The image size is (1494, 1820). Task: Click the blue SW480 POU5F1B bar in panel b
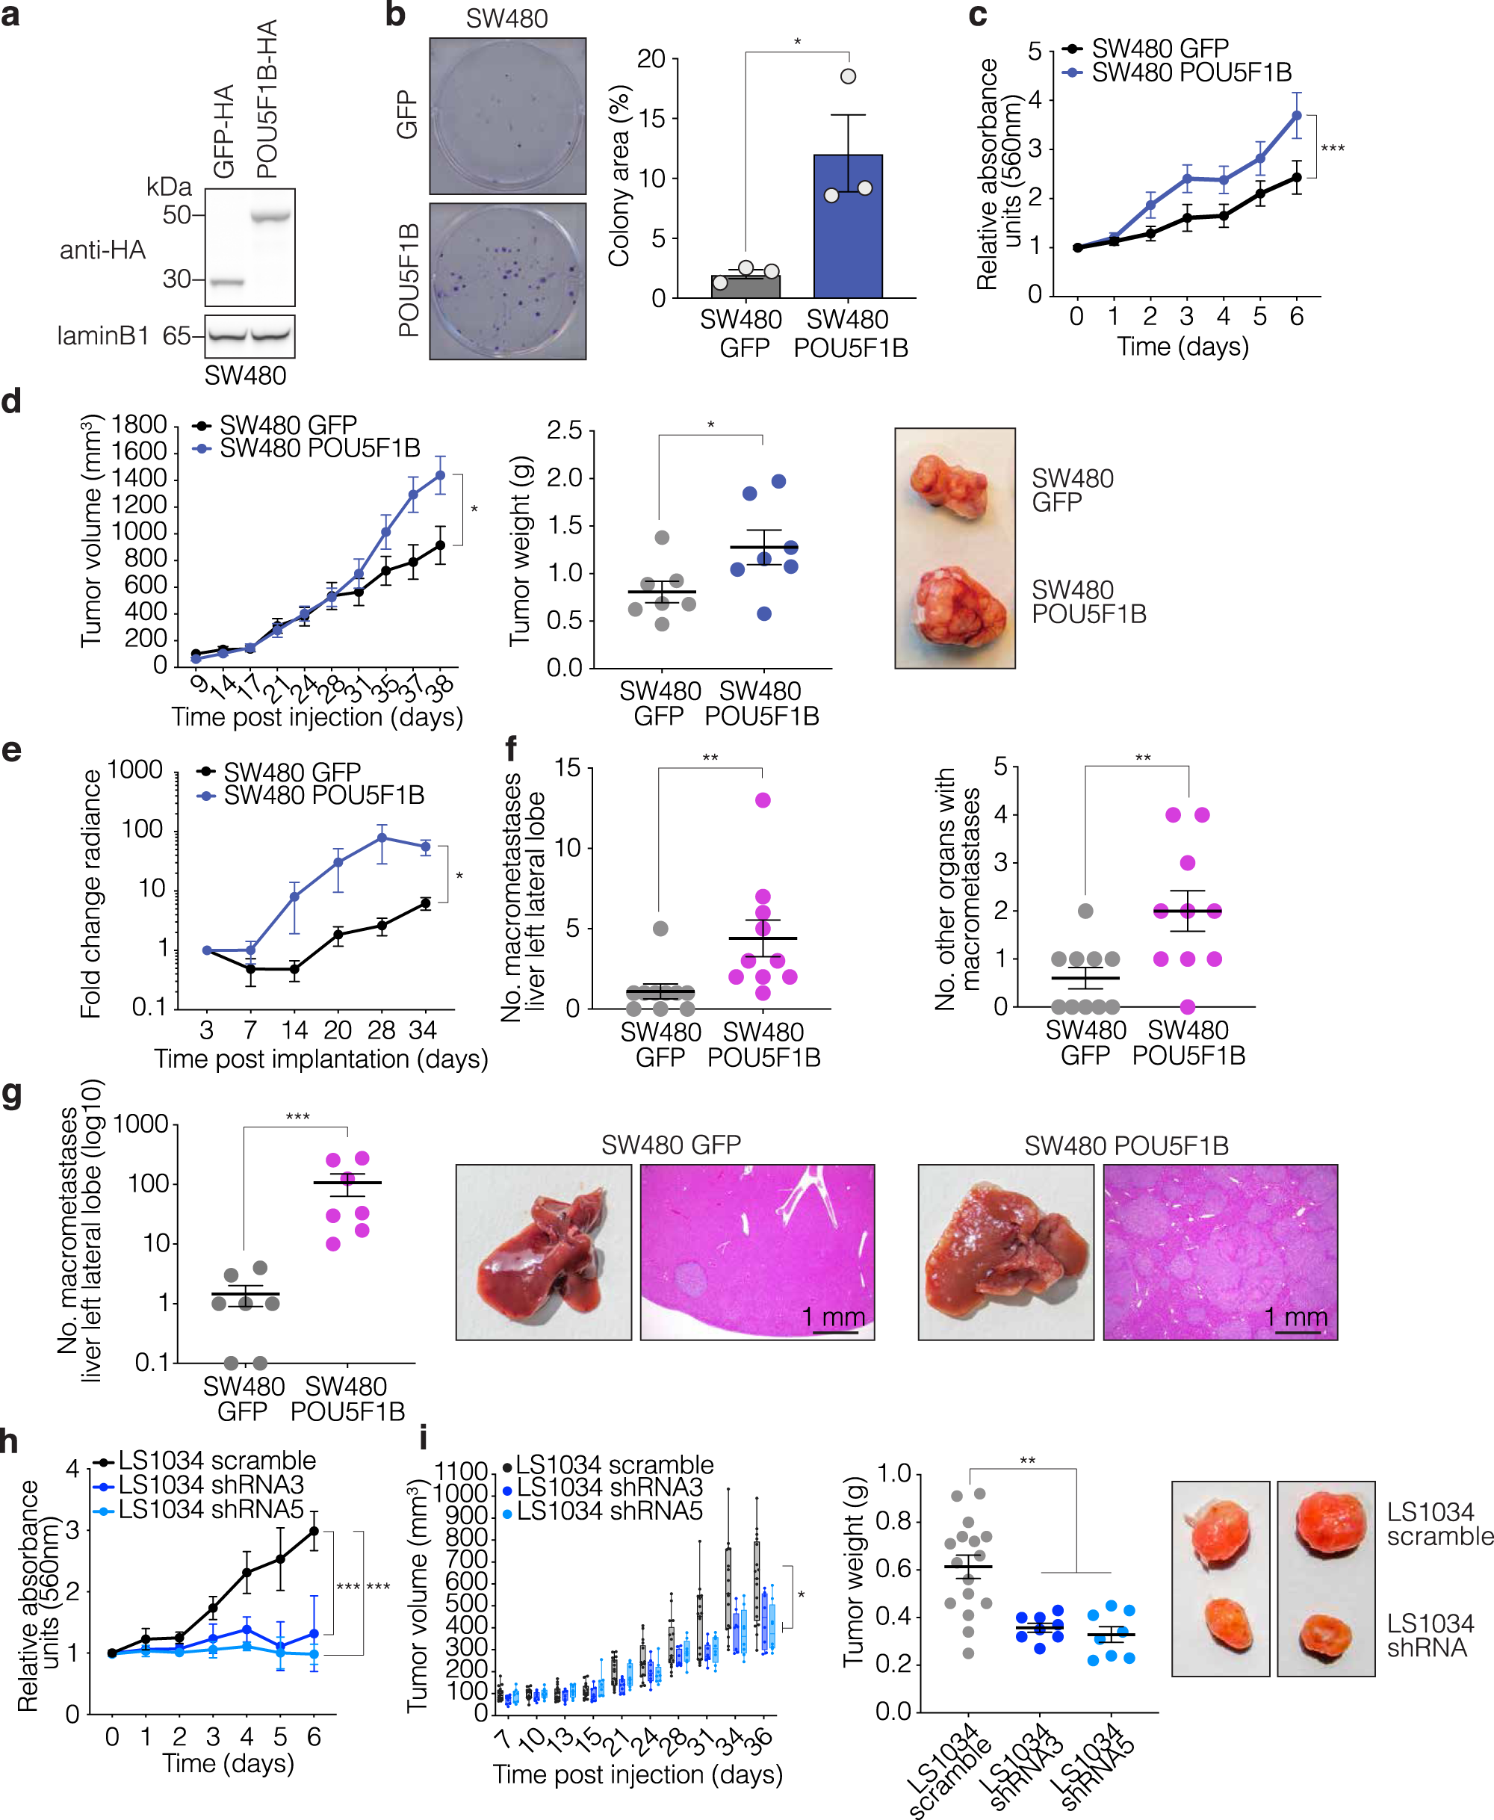pyautogui.click(x=848, y=228)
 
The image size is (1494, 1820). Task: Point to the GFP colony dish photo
pyautogui.click(x=508, y=116)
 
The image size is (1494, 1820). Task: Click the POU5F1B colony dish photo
pyautogui.click(x=508, y=282)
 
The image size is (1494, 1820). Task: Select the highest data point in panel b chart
pyautogui.click(x=848, y=77)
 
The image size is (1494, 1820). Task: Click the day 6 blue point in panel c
pyautogui.click(x=1296, y=115)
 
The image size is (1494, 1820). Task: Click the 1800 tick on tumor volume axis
pyautogui.click(x=140, y=425)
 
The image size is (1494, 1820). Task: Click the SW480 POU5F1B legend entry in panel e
pyautogui.click(x=323, y=795)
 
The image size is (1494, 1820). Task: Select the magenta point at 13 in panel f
pyautogui.click(x=763, y=800)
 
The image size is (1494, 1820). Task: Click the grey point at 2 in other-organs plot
pyautogui.click(x=1085, y=911)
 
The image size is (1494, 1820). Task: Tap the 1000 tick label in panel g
pyautogui.click(x=141, y=1124)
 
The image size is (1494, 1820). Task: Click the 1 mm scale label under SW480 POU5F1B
pyautogui.click(x=1295, y=1316)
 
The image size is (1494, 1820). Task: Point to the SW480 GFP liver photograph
pyautogui.click(x=543, y=1252)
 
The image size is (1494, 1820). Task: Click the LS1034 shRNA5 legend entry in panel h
pyautogui.click(x=211, y=1509)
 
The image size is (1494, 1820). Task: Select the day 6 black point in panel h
pyautogui.click(x=314, y=1531)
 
